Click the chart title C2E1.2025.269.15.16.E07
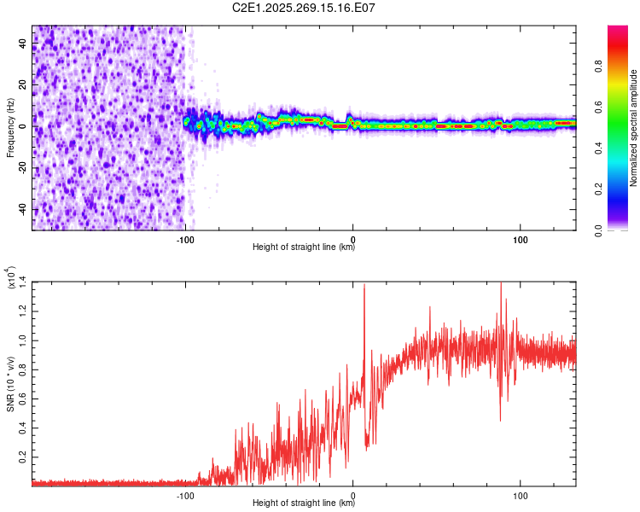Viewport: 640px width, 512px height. click(305, 8)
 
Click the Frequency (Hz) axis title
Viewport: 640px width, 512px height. click(10, 127)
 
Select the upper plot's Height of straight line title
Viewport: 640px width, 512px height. click(304, 247)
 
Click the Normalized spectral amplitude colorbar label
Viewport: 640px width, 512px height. click(634, 128)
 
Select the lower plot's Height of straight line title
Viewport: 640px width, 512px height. click(304, 503)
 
